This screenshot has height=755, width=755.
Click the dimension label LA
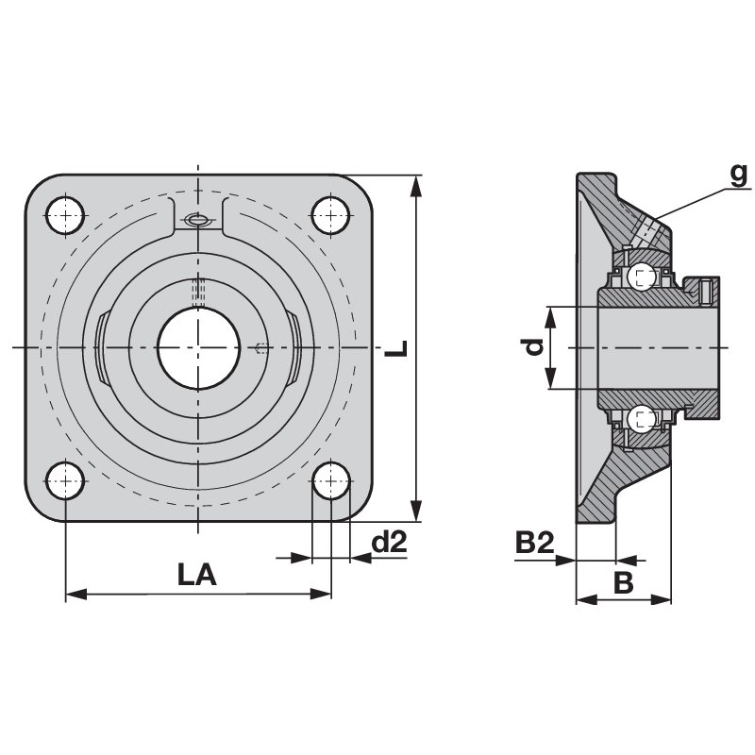point(197,575)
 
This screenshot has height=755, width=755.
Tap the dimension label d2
point(390,542)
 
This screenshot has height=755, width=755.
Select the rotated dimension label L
point(396,348)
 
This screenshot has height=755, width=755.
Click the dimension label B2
point(535,542)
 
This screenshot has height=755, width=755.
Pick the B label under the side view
point(624,582)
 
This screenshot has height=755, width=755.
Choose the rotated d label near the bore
point(533,346)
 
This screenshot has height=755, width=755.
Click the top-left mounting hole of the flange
point(65,215)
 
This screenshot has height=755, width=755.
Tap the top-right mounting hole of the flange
point(331,215)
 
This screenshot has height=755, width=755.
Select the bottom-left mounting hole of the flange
point(65,480)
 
